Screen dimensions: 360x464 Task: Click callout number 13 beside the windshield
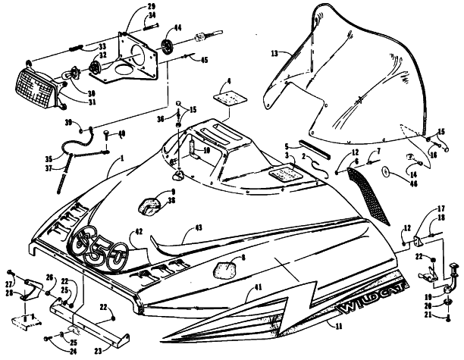click(x=275, y=54)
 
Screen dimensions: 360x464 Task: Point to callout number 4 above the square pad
click(x=230, y=80)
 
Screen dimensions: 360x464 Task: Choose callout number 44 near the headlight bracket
click(x=177, y=28)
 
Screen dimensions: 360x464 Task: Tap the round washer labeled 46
click(x=387, y=171)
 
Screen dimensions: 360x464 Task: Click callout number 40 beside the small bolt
click(x=122, y=135)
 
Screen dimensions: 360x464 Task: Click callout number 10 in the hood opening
click(x=205, y=151)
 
